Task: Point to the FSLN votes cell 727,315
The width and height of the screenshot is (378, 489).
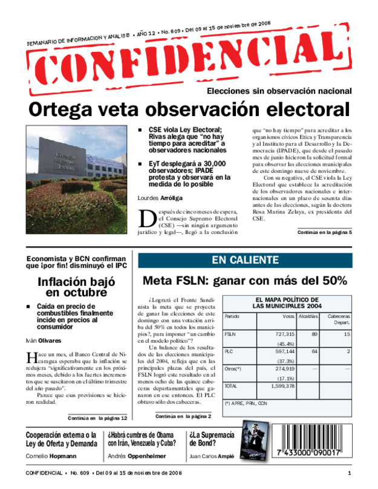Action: tap(285, 334)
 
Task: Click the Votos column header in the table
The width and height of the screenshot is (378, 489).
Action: tap(288, 317)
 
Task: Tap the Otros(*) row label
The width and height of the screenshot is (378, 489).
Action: tap(233, 368)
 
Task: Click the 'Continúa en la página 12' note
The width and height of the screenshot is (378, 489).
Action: tap(97, 417)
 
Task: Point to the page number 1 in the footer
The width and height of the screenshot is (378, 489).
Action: tap(350, 472)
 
